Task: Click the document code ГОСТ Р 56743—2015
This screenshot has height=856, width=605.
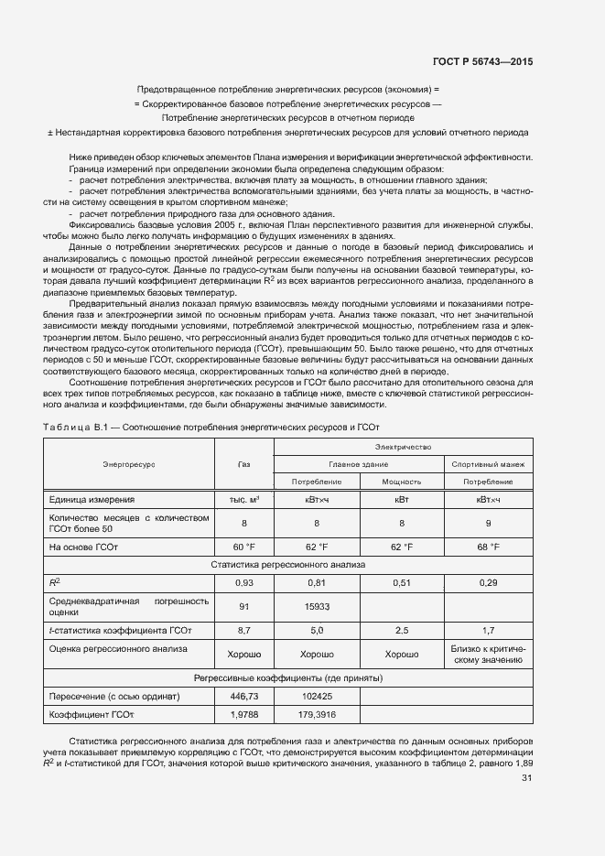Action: pyautogui.click(x=482, y=61)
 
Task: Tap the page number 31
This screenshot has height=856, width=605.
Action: pyautogui.click(x=526, y=778)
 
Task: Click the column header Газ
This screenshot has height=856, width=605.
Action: pyautogui.click(x=243, y=464)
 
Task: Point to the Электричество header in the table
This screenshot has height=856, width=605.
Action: pyautogui.click(x=404, y=447)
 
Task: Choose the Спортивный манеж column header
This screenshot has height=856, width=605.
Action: pyautogui.click(x=487, y=464)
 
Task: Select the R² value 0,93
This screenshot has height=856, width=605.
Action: pyautogui.click(x=243, y=582)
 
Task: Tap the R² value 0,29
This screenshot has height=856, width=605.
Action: pyautogui.click(x=487, y=582)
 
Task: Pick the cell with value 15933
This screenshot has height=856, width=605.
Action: pyautogui.click(x=317, y=606)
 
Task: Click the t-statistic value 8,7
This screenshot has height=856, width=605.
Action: pyautogui.click(x=243, y=631)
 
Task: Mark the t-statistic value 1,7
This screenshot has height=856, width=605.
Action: pyautogui.click(x=487, y=631)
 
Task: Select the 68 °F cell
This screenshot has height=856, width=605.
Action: pyautogui.click(x=487, y=547)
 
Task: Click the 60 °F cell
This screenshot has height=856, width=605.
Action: pyautogui.click(x=243, y=547)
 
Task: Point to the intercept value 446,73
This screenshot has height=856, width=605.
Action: pyautogui.click(x=243, y=697)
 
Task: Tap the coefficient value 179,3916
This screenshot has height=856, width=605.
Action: pyautogui.click(x=317, y=714)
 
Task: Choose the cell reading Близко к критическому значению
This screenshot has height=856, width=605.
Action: pyautogui.click(x=487, y=654)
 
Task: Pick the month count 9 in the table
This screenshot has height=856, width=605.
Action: pyautogui.click(x=487, y=523)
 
